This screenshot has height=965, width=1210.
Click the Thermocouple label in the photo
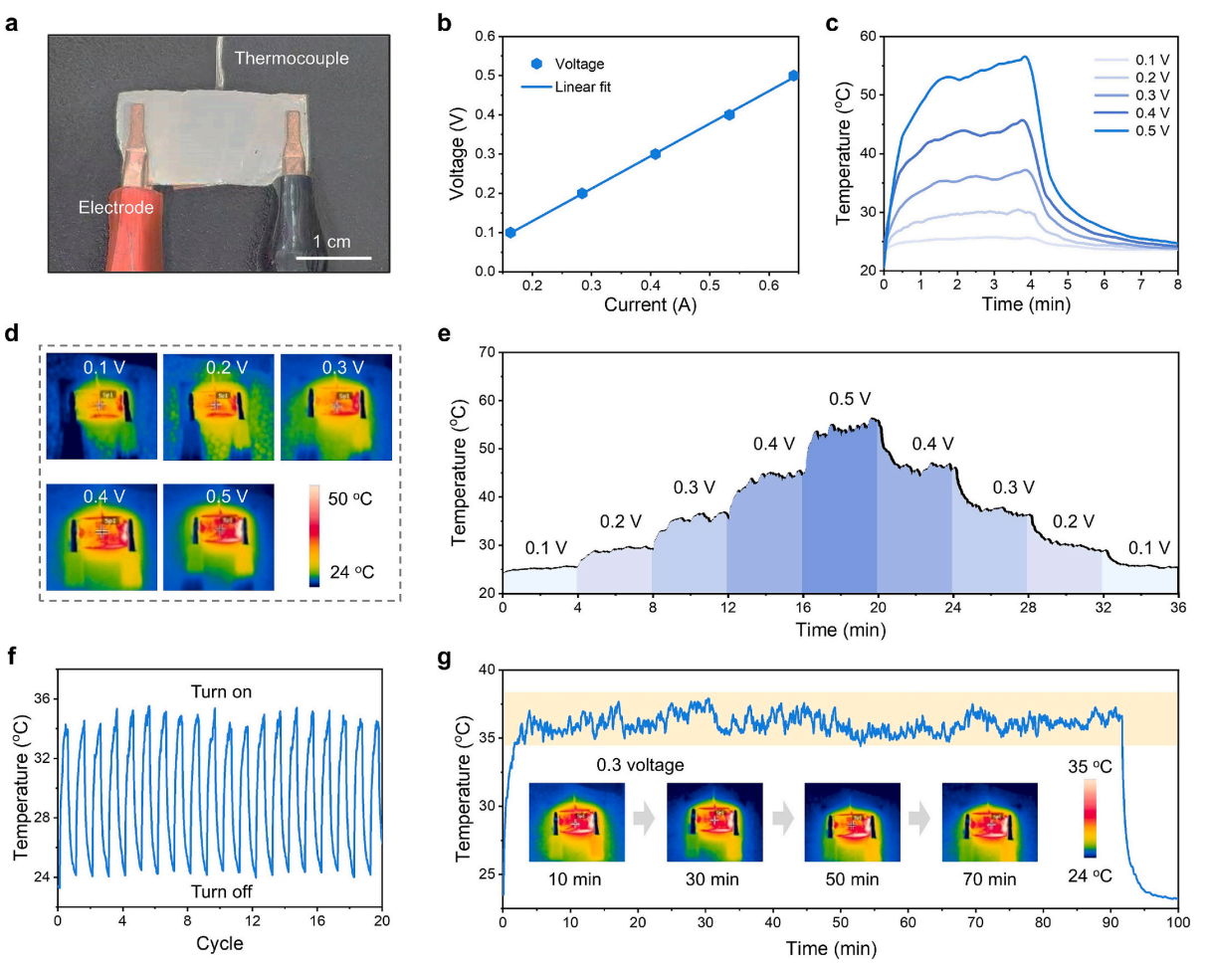[292, 59]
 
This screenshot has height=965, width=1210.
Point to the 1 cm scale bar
[334, 258]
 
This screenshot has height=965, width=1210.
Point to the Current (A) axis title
[652, 305]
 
